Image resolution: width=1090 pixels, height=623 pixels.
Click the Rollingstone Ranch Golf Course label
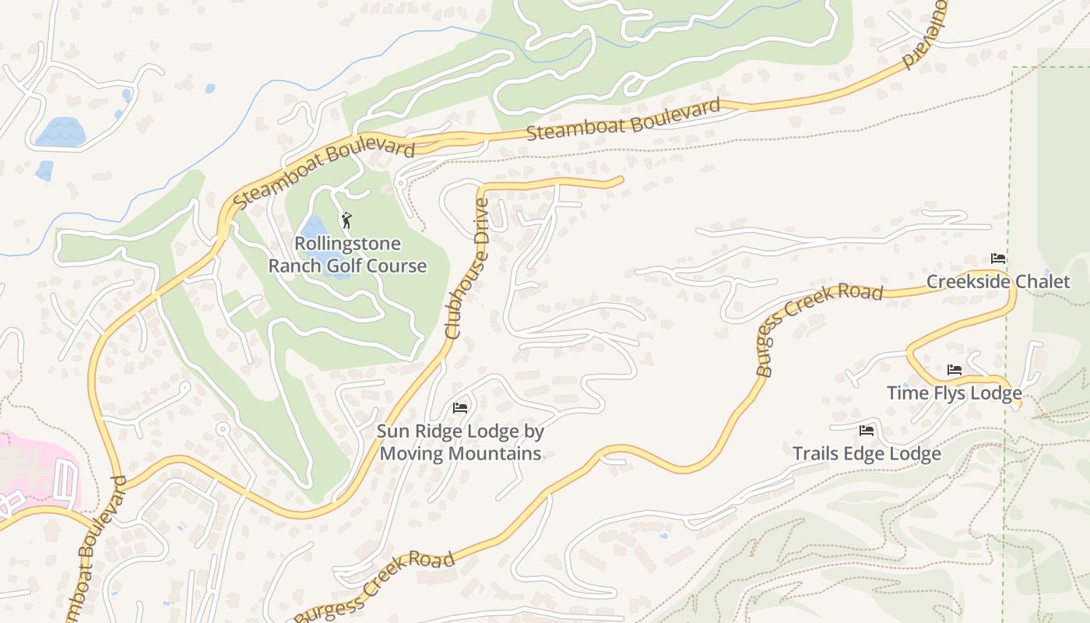point(347,255)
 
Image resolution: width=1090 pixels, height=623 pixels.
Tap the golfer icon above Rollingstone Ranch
point(346,220)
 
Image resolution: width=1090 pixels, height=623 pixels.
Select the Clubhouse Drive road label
point(467,269)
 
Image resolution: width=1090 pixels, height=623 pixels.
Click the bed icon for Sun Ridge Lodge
point(460,407)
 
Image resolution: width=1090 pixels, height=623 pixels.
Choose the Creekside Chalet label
point(998,281)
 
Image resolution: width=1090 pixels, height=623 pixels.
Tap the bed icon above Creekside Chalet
point(998,259)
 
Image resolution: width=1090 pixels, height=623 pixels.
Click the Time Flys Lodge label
point(954,392)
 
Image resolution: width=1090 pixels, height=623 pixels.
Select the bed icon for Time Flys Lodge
point(955,370)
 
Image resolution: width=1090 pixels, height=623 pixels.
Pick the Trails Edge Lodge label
point(867,453)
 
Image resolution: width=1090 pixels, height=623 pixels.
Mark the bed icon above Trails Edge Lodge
point(867,431)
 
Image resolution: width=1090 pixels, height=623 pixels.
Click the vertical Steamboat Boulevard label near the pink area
point(101,545)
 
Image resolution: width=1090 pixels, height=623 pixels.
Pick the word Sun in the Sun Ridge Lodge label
point(393,431)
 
